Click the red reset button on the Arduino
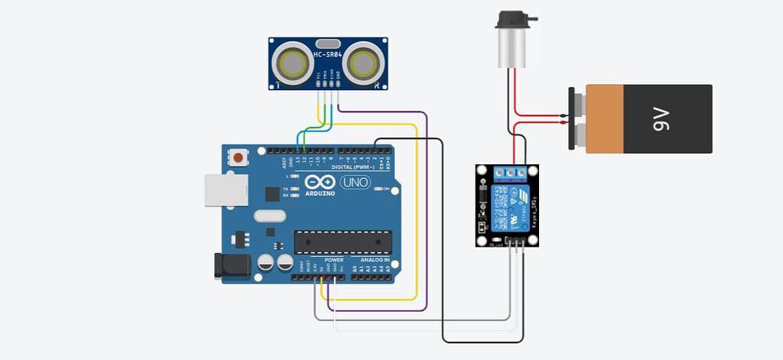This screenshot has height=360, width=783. click(239, 158)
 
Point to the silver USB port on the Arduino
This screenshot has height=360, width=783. click(226, 190)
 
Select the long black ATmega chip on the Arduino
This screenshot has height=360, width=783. click(343, 242)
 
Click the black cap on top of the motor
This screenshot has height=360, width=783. click(512, 20)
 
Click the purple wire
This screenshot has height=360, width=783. click(426, 229)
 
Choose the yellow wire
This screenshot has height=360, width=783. click(415, 229)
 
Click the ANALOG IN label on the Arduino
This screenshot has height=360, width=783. click(375, 260)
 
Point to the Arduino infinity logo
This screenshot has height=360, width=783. click(320, 183)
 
